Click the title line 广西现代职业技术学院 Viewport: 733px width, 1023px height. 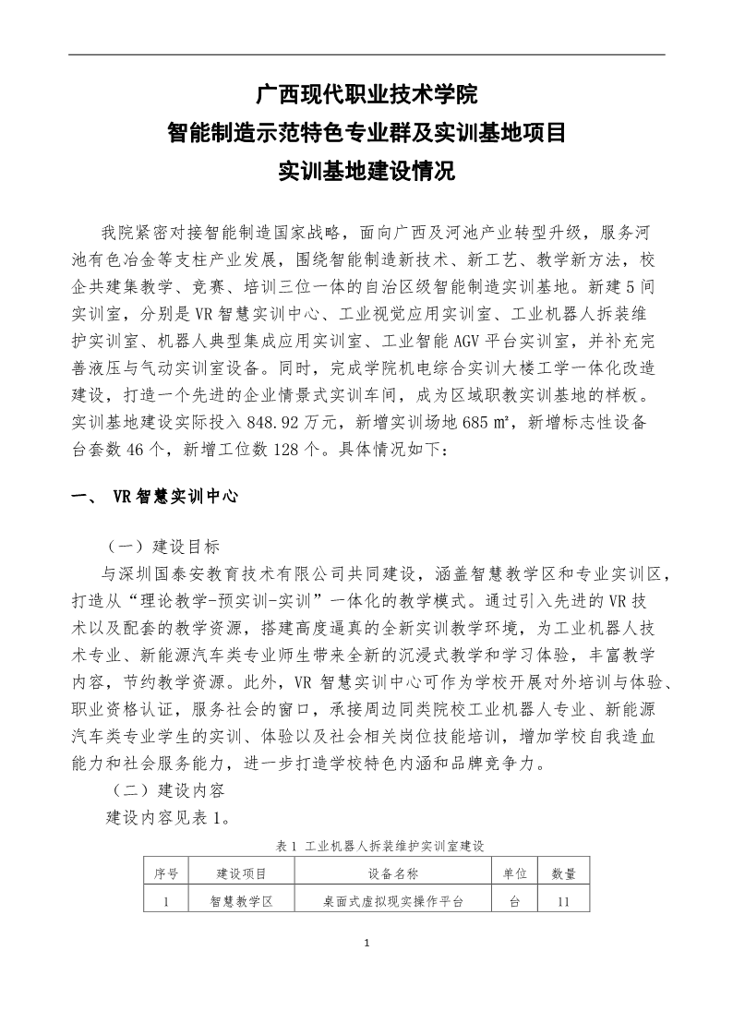(366, 94)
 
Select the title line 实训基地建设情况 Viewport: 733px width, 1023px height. (366, 171)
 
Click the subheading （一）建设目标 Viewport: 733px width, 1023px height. (164, 545)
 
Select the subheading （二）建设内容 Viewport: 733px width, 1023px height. (164, 792)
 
